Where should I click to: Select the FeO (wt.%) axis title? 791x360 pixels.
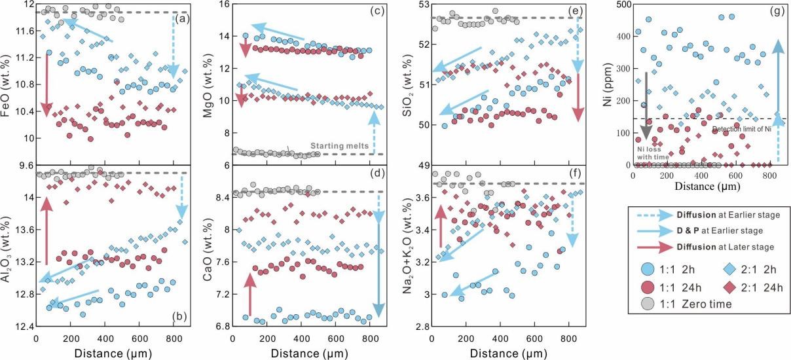click(x=8, y=83)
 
